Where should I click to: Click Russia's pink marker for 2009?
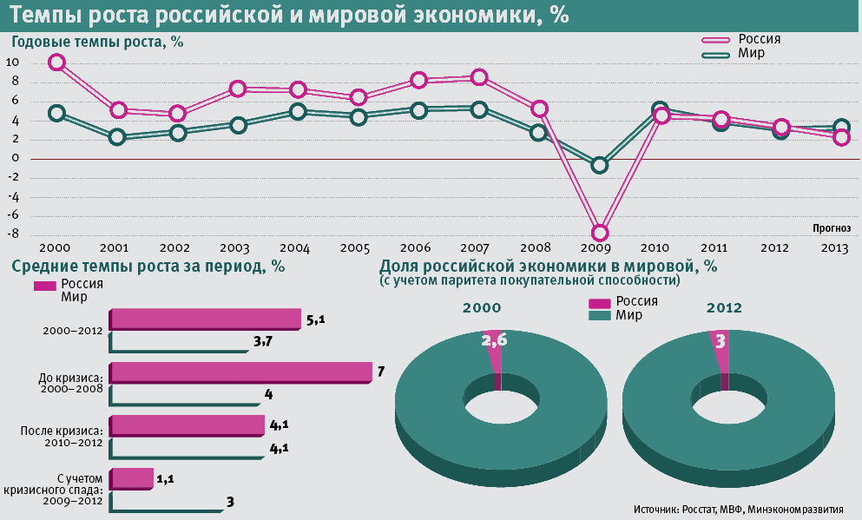[x=600, y=233]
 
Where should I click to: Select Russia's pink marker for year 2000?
[x=57, y=62]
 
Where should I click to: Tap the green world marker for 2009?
[x=600, y=165]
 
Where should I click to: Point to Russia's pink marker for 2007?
[x=478, y=77]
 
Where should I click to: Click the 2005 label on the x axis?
[x=354, y=248]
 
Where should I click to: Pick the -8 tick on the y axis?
[x=13, y=234]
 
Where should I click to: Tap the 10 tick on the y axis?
[x=13, y=63]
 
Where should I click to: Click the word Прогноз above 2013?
[x=832, y=227]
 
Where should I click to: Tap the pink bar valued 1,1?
[x=132, y=478]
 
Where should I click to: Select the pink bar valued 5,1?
[x=206, y=319]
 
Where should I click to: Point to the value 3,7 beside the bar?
[x=264, y=342]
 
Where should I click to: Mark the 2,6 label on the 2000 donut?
[x=494, y=341]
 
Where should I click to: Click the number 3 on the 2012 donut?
[x=720, y=341]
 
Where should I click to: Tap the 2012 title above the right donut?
[x=724, y=307]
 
